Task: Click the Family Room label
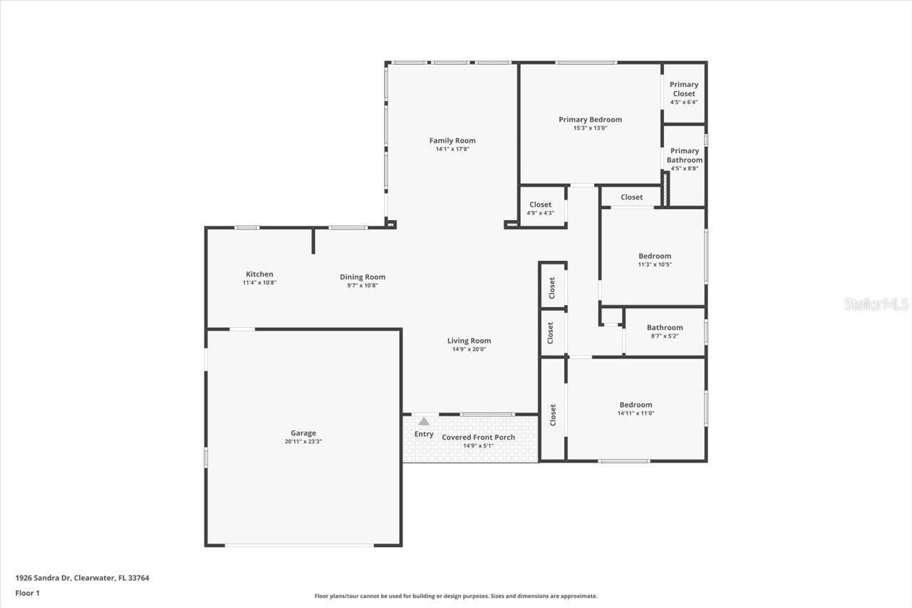452,140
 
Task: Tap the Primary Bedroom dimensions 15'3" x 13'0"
590,128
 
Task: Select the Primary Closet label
683,88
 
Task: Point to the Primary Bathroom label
684,155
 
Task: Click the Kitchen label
259,274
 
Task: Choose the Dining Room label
362,277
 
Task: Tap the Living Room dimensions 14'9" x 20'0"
469,349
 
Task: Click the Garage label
303,433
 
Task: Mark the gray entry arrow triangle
424,421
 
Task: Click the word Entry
424,434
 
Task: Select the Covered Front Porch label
478,437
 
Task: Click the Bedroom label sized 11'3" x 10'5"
654,256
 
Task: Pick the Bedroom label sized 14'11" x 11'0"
636,405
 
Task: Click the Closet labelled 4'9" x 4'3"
540,205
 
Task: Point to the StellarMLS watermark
876,304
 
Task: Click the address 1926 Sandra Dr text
82,578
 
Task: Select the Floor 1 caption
27,592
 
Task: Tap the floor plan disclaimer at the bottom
456,596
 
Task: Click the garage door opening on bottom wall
299,545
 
